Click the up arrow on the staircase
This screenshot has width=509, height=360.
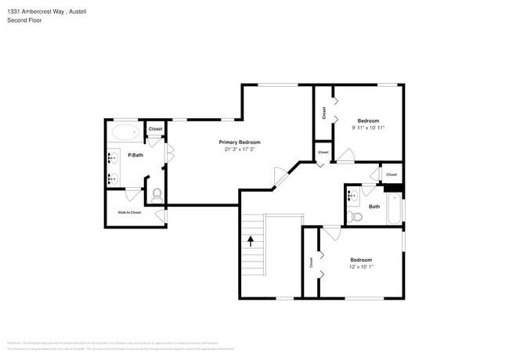tap(251, 240)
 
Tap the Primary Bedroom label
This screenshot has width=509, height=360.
tap(239, 142)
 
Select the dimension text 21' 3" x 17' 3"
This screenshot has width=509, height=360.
tap(239, 149)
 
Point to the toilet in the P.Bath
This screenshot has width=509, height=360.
tap(157, 194)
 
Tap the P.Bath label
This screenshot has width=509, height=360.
tap(135, 155)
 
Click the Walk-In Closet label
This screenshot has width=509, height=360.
tap(129, 212)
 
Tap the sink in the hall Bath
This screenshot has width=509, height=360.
tap(352, 194)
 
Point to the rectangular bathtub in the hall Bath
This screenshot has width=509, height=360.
tap(394, 208)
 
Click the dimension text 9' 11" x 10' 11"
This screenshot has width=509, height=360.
tap(368, 128)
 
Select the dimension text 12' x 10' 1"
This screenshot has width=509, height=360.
tap(361, 267)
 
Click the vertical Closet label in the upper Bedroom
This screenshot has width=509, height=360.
tap(323, 113)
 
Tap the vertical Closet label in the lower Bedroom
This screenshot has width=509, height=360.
tap(311, 263)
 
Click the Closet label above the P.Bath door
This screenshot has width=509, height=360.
tap(155, 128)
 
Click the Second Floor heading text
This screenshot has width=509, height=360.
tap(25, 20)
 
